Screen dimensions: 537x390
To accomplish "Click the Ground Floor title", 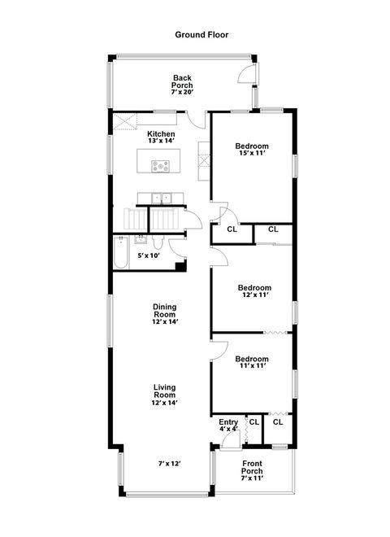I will pos(202,35).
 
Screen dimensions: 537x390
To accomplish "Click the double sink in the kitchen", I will pos(164,197).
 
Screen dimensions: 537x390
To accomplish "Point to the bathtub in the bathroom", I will pos(119,253).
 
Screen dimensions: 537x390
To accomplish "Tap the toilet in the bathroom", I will pos(158,245).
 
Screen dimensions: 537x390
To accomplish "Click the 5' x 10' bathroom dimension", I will pos(148,256).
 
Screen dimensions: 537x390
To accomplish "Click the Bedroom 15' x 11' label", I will pos(252,151).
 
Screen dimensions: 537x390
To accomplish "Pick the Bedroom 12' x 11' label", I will pos(254,291).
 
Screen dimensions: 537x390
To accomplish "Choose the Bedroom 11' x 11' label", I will pos(252,363).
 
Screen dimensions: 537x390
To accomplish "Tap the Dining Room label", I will pos(165,314).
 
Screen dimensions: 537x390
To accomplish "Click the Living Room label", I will pos(165,395).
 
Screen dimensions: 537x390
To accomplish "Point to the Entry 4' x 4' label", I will pos(228,426).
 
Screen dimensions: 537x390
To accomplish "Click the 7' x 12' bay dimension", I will pos(169,464).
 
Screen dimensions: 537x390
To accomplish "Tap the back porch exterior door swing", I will pos(245,76).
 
